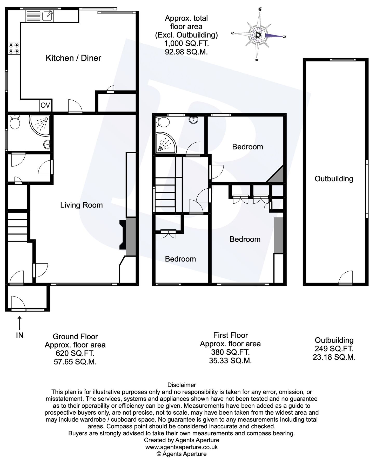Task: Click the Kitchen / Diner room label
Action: pyautogui.click(x=73, y=58)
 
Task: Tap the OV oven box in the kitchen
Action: pyautogui.click(x=45, y=105)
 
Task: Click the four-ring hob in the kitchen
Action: pyautogui.click(x=14, y=48)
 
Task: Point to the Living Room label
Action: pyautogui.click(x=81, y=205)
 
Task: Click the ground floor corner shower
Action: pyautogui.click(x=40, y=126)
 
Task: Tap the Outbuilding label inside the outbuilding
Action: pyautogui.click(x=334, y=179)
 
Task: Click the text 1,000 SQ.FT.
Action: pyautogui.click(x=186, y=43)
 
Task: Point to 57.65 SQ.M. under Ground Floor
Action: pyautogui.click(x=75, y=362)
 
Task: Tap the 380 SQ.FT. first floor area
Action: pyautogui.click(x=230, y=352)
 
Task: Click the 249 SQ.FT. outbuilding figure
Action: pyautogui.click(x=334, y=349)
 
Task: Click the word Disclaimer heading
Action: pyautogui.click(x=182, y=385)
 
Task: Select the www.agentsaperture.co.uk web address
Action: pyautogui.click(x=182, y=447)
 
